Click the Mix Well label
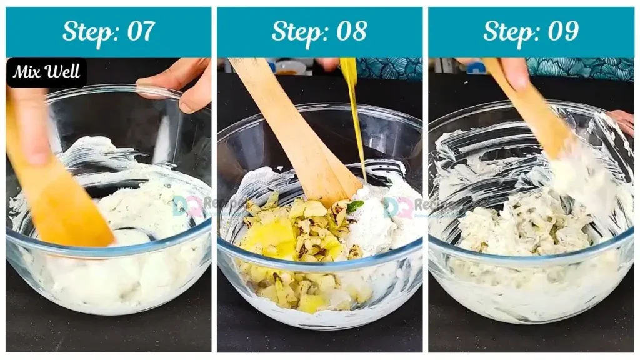click(x=46, y=72)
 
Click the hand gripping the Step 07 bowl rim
click(x=181, y=84)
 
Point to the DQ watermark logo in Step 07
click(x=187, y=205)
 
